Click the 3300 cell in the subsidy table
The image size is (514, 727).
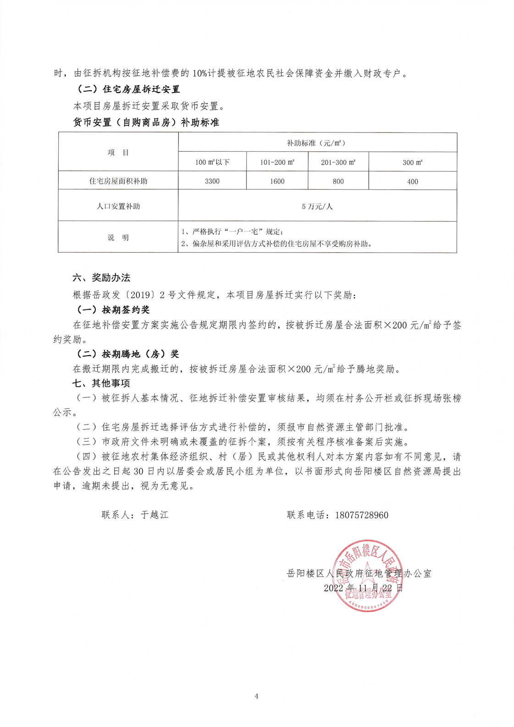[212, 181]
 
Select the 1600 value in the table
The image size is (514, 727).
[277, 181]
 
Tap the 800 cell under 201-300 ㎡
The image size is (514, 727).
[338, 181]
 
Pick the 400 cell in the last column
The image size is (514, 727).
[412, 182]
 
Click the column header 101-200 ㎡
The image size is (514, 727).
[277, 162]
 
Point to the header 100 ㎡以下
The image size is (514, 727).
[212, 162]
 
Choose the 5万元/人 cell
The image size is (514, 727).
[317, 206]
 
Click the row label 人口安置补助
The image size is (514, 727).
[118, 206]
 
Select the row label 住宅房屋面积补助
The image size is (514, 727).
[118, 181]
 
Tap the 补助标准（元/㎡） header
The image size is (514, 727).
[317, 143]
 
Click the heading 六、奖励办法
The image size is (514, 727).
[101, 277]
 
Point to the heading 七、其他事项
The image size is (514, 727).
[101, 383]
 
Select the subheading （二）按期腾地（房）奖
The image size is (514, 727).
[128, 354]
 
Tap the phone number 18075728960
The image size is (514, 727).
[362, 515]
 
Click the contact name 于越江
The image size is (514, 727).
[155, 515]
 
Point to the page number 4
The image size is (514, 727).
[256, 696]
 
